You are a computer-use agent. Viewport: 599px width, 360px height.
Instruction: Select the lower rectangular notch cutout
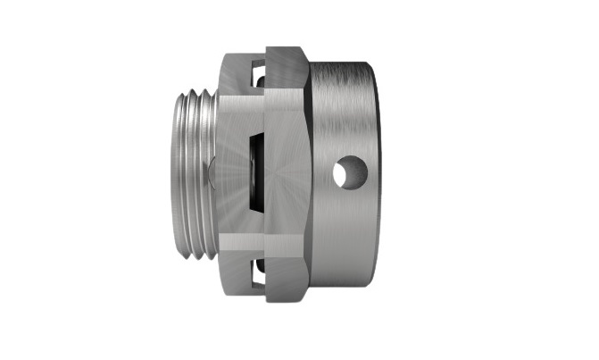tap(257, 275)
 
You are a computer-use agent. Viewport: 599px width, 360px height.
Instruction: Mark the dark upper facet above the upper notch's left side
tap(234, 63)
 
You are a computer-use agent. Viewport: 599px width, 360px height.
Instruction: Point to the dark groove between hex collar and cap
tap(312, 170)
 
